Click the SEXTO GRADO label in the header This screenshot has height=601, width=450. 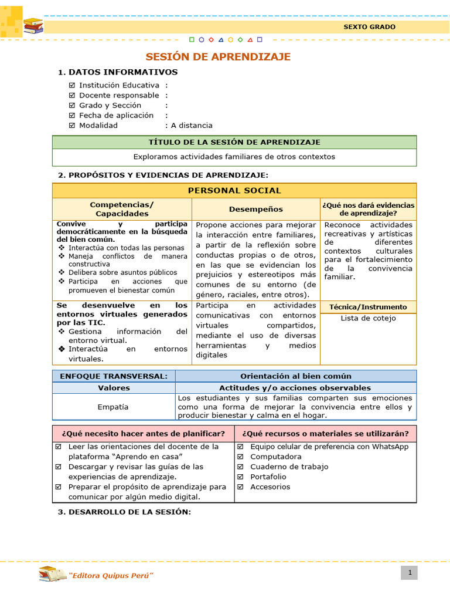coord(369,27)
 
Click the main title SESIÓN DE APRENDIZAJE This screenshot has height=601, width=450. coord(218,57)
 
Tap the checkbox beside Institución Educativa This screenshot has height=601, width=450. coord(72,85)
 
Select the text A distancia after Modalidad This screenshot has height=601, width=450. coord(192,126)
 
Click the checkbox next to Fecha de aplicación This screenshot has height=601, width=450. coord(72,116)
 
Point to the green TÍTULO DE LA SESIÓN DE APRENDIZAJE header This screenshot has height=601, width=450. coord(234,143)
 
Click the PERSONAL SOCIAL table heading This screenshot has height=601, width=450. coord(234,191)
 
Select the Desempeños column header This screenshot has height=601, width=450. coord(255,210)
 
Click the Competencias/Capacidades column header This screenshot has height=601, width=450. coord(122,210)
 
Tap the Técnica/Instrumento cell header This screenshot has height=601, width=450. coord(368,307)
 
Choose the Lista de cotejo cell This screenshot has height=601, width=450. coord(368,319)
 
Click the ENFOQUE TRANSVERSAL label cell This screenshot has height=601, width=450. coord(114,376)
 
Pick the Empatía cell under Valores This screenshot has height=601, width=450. coord(114,407)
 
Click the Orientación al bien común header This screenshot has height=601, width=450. coord(296,376)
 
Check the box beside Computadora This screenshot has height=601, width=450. coord(240,457)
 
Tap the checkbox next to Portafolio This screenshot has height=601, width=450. coord(240,477)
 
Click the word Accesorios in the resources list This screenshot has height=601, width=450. coord(270,487)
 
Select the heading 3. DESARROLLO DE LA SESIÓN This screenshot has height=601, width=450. coord(124,512)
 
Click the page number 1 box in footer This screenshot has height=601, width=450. coord(409,572)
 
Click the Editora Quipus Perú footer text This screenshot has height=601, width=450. coord(111,575)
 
